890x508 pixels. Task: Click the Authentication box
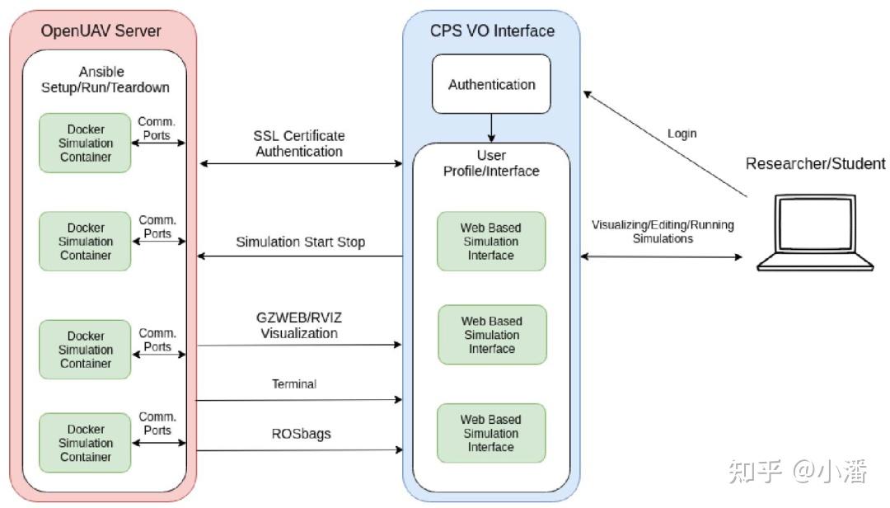pos(491,84)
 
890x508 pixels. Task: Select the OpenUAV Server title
pos(101,31)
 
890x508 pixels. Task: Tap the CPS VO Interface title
pos(492,31)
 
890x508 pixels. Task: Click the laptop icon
pos(815,233)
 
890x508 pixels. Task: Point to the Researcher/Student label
pos(815,163)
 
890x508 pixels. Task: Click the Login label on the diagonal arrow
pos(682,134)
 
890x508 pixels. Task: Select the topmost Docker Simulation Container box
pos(85,143)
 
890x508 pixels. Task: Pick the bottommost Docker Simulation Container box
pos(85,443)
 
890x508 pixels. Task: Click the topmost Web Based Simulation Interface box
pos(491,242)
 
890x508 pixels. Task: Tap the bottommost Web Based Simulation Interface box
pos(491,433)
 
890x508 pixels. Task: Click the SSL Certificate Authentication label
pos(299,143)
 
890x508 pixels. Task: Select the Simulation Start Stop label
pos(300,242)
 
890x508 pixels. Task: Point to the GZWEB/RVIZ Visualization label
pos(299,326)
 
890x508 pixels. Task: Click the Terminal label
pos(294,384)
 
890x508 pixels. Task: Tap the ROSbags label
pos(301,434)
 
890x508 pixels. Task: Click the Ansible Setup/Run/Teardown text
pos(105,79)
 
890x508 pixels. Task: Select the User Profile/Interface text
pos(491,163)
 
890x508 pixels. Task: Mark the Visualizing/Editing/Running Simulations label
pos(663,232)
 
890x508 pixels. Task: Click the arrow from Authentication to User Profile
pos(491,128)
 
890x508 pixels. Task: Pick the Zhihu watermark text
pos(798,471)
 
